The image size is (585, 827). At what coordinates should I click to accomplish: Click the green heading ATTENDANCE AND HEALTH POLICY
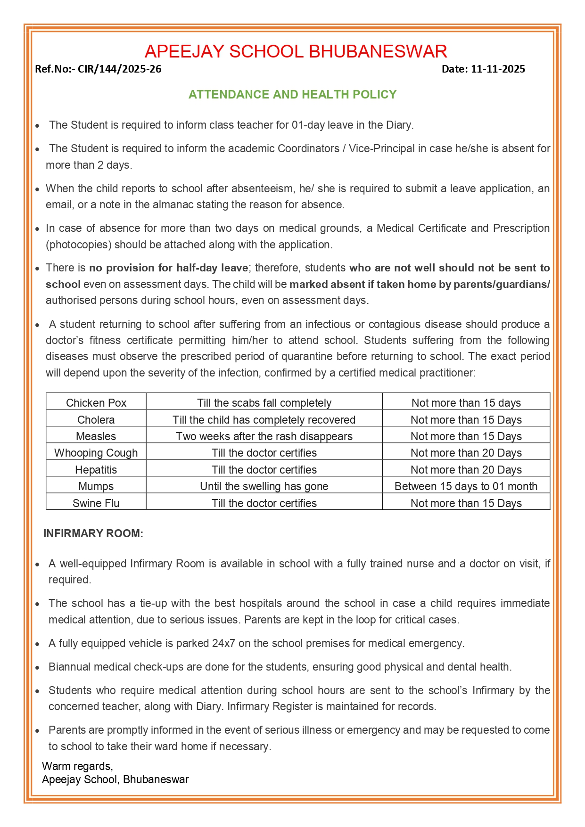pyautogui.click(x=292, y=95)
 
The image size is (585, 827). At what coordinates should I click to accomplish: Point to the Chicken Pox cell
pyautogui.click(x=96, y=403)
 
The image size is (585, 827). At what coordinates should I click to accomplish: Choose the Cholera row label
pyautogui.click(x=96, y=420)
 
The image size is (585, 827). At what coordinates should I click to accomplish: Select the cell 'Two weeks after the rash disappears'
pyautogui.click(x=264, y=436)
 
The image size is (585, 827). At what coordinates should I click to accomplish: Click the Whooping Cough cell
pyautogui.click(x=96, y=453)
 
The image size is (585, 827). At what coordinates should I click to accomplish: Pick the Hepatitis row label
pyautogui.click(x=96, y=470)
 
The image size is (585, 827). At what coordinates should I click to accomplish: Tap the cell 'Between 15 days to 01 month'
pyautogui.click(x=466, y=486)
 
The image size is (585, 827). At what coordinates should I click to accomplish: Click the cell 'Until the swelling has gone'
pyautogui.click(x=264, y=486)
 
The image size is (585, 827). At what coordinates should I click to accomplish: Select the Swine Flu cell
pyautogui.click(x=96, y=503)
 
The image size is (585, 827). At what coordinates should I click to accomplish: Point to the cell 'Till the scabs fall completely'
pyautogui.click(x=264, y=403)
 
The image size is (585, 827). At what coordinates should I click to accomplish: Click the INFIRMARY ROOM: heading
pyautogui.click(x=93, y=533)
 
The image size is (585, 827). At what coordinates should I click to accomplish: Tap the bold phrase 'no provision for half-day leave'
pyautogui.click(x=169, y=268)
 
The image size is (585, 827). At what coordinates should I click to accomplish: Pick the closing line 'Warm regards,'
pyautogui.click(x=78, y=766)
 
